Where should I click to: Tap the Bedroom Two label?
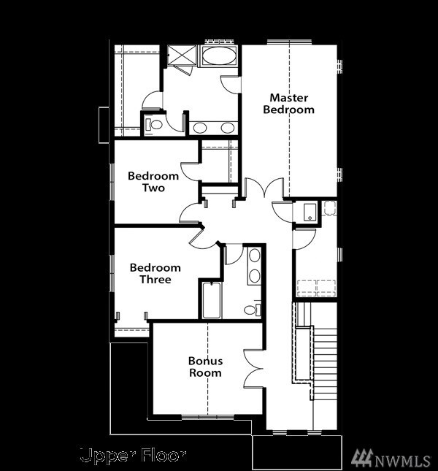point(153,182)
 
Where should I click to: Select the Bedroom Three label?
point(155,274)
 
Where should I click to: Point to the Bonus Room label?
point(205,367)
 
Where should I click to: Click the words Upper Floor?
point(133,456)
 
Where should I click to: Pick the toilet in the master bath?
point(154,124)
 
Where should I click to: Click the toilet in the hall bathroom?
point(250,310)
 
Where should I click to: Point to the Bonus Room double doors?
point(253,369)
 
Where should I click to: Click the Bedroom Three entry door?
point(201,237)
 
